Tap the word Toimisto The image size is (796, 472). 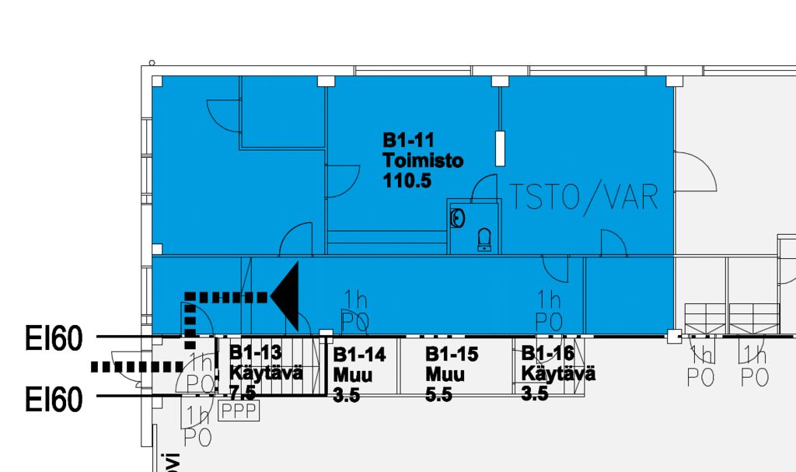click(x=423, y=161)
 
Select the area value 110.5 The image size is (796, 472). click(x=407, y=181)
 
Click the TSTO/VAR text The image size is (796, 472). click(x=583, y=198)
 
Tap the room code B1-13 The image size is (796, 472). click(x=256, y=352)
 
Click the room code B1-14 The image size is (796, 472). click(x=359, y=355)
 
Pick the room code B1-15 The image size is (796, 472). click(x=452, y=355)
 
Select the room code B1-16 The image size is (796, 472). click(x=547, y=354)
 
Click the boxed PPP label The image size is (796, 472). click(x=239, y=411)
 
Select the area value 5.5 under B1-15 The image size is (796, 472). click(x=438, y=395)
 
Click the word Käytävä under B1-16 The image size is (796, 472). click(x=558, y=374)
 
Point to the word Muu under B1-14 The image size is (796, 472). click(x=353, y=376)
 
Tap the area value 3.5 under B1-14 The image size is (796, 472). click(x=346, y=396)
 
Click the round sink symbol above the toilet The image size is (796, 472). click(x=458, y=218)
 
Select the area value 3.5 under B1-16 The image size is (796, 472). click(x=535, y=393)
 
